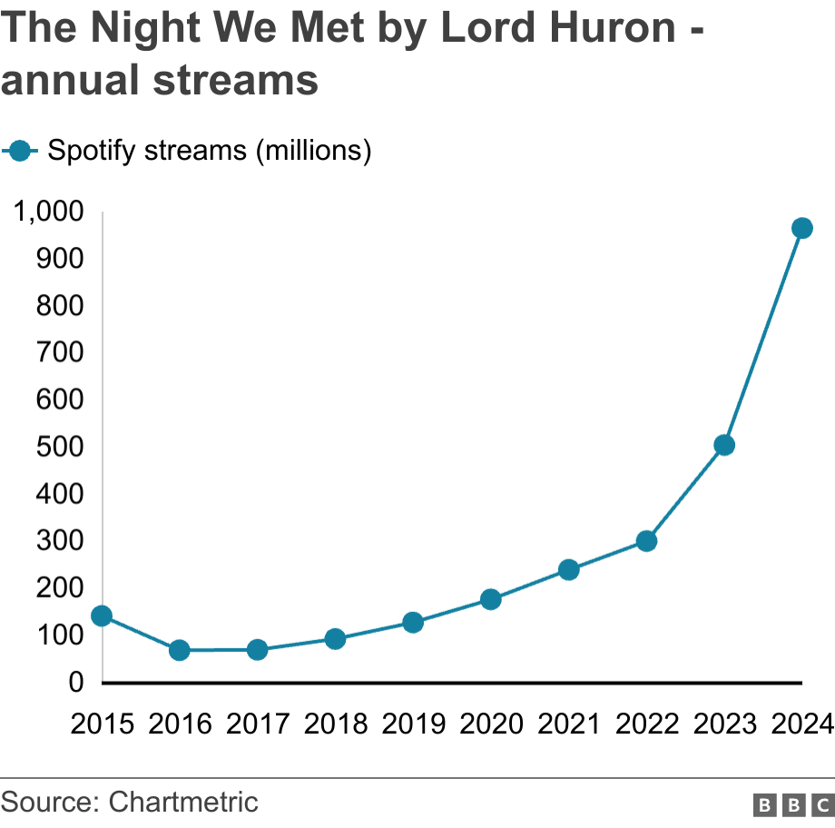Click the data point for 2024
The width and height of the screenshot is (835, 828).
[801, 228]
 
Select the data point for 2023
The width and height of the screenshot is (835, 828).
[723, 445]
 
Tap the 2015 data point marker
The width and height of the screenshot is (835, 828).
[102, 616]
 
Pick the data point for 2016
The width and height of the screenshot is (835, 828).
[180, 650]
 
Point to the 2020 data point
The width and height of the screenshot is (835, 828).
[491, 599]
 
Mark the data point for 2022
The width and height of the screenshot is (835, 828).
[646, 541]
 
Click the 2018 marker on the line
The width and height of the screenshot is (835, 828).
[335, 639]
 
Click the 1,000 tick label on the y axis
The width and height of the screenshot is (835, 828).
[48, 212]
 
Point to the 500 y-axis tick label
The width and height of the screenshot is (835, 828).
[60, 447]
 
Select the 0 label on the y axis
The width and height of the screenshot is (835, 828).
[75, 682]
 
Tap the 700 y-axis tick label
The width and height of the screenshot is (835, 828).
[60, 352]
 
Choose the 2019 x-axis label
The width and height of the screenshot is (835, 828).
[413, 724]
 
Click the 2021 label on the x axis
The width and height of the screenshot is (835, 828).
[568, 724]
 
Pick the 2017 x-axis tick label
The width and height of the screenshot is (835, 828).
[258, 724]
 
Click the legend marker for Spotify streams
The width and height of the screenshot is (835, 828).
[20, 150]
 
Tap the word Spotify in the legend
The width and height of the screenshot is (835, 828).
[92, 151]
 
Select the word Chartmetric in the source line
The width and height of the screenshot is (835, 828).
[182, 803]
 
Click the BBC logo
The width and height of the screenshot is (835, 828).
[792, 804]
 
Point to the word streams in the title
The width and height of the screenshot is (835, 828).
[235, 80]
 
